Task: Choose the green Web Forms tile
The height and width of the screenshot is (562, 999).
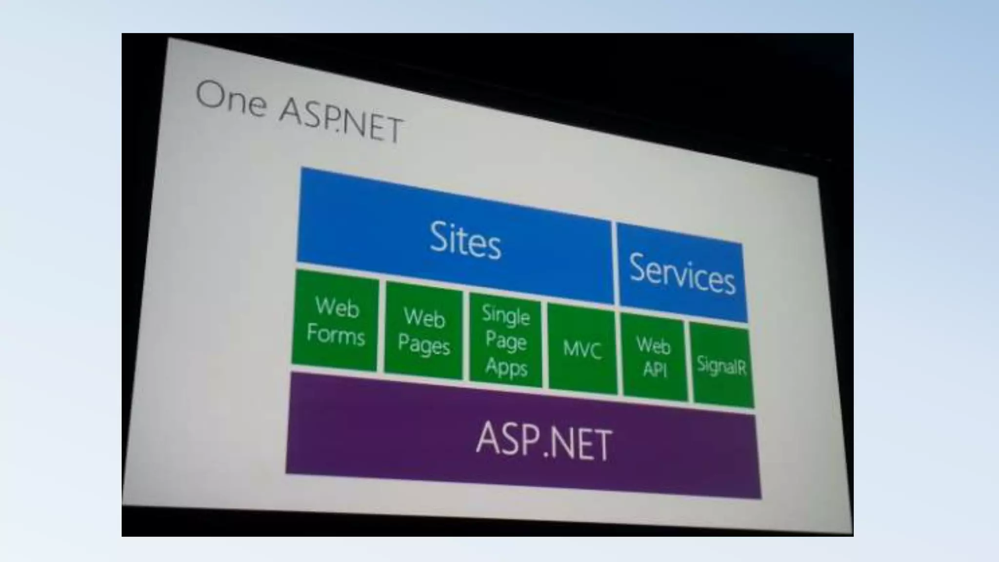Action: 335,321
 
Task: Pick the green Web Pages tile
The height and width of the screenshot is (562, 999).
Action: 423,331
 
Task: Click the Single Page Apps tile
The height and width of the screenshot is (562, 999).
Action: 505,341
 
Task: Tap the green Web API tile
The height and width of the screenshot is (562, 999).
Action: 654,358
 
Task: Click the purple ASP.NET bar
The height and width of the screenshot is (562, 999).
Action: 522,439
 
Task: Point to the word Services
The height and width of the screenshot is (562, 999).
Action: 682,274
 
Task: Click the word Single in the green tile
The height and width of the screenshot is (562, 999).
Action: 506,315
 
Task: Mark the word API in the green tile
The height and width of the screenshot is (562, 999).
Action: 655,369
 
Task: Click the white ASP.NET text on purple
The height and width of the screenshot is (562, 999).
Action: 543,442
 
